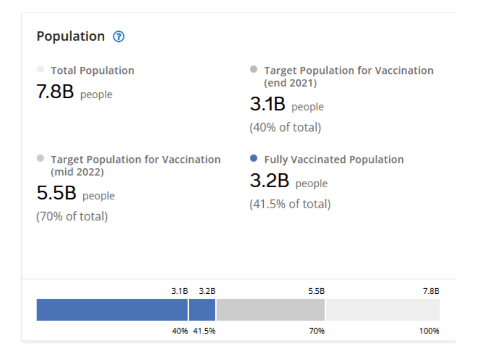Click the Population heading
[x=71, y=36]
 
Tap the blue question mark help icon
[x=119, y=37]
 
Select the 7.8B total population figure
[x=55, y=92]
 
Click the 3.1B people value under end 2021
[x=268, y=104]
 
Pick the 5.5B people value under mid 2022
[x=56, y=193]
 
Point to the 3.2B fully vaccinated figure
[x=270, y=181]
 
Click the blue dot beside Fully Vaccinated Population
[x=254, y=158]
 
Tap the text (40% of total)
[x=285, y=128]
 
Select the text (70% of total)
[x=72, y=216]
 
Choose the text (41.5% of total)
[x=290, y=204]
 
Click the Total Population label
[x=92, y=71]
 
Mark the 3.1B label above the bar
[x=180, y=291]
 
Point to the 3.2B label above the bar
[x=207, y=291]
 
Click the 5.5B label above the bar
[x=316, y=291]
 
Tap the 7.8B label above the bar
[x=431, y=291]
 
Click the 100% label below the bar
[x=429, y=331]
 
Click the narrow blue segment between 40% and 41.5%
[x=202, y=310]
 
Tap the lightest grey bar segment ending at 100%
[x=382, y=310]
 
